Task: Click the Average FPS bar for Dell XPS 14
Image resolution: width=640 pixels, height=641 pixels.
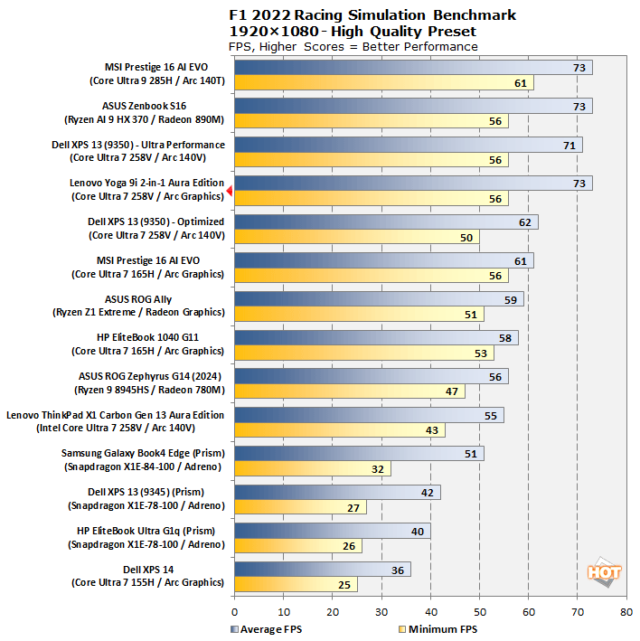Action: pos(322,570)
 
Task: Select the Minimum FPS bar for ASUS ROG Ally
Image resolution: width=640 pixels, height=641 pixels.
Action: pos(359,315)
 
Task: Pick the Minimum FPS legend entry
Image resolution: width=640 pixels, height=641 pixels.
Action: pos(438,629)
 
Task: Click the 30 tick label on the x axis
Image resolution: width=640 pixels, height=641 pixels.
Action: pos(381,611)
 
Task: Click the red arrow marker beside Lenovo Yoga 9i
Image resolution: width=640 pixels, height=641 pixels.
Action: pos(230,191)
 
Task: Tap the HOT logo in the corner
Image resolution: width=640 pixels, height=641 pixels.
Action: pos(603,572)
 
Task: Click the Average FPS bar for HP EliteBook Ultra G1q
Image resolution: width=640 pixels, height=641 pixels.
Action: pos(333,531)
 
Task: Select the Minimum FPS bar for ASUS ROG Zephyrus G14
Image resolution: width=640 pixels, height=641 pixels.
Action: pos(349,391)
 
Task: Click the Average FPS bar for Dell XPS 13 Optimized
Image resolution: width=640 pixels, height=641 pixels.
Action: pos(386,222)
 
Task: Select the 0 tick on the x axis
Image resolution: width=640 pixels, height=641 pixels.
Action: pos(235,611)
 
